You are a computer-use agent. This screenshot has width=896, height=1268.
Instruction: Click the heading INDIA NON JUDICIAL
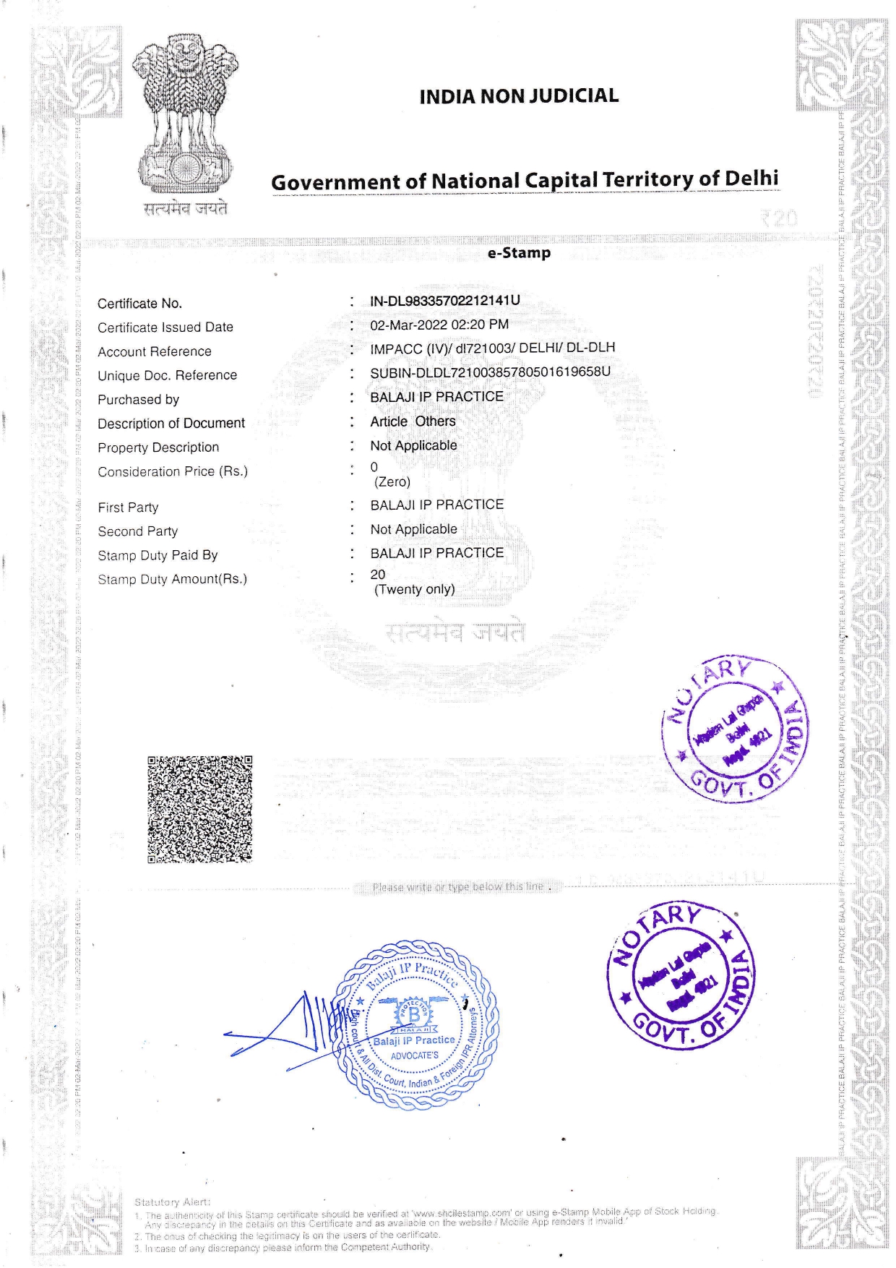519,96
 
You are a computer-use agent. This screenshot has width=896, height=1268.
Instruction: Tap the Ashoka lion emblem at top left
186,116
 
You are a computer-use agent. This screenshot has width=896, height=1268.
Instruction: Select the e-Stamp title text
519,253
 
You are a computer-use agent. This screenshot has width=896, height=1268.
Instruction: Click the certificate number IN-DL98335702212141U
444,300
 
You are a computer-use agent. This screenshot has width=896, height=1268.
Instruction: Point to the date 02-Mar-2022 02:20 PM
439,325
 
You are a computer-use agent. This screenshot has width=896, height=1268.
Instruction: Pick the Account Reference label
155,352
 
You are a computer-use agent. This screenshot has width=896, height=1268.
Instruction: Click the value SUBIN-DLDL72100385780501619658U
490,372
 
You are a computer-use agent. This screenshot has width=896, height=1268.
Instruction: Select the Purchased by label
139,400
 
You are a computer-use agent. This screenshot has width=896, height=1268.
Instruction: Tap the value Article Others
413,421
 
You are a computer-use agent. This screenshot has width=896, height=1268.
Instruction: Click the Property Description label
158,447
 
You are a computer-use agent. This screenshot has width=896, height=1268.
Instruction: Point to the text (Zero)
392,482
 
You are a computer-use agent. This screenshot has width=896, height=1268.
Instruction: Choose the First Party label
128,507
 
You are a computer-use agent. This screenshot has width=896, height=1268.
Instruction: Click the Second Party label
138,531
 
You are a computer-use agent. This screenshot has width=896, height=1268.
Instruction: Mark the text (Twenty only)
414,589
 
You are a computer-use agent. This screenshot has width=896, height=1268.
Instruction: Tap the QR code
200,809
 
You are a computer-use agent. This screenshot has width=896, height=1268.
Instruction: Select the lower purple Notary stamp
681,975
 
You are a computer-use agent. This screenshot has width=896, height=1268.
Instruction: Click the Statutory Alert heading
172,1201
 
